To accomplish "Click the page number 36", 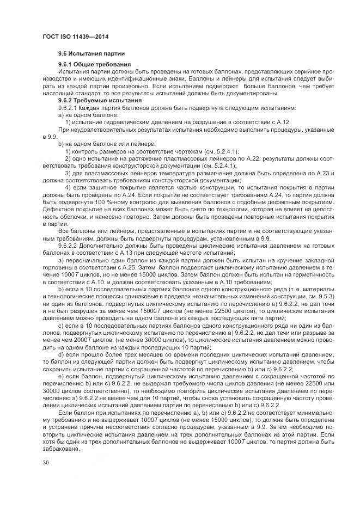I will click(46, 463).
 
